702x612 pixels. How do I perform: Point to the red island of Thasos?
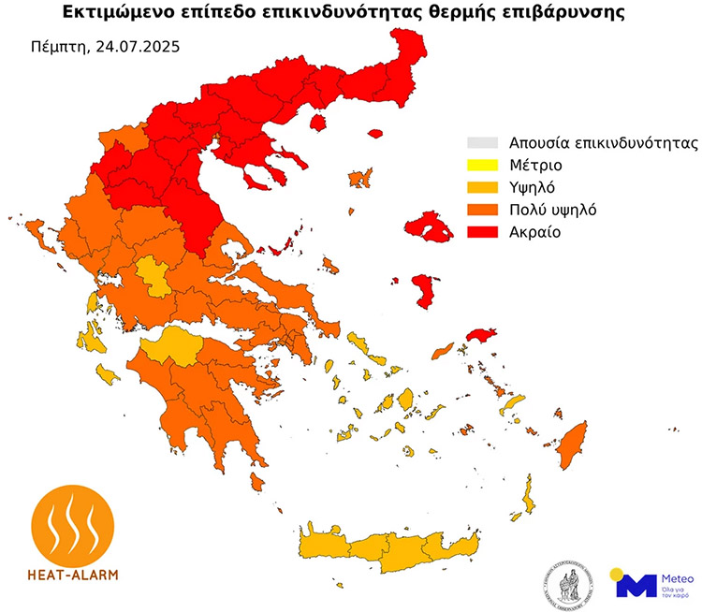coord(317,123)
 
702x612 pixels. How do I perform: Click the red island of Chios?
coord(422,291)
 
